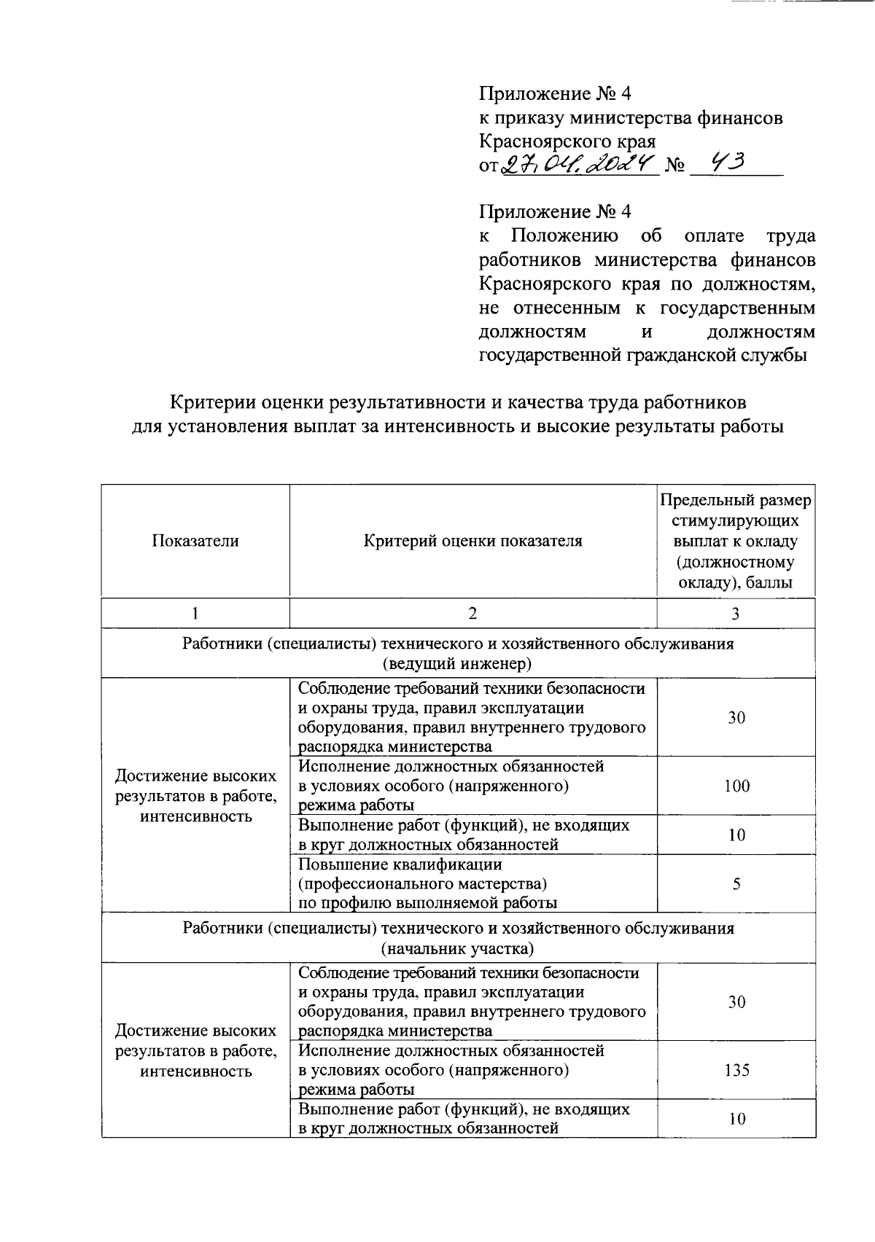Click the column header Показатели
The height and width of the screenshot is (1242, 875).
[x=195, y=541]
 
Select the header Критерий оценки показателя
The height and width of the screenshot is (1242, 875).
[x=473, y=541]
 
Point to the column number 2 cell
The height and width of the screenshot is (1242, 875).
[x=473, y=614]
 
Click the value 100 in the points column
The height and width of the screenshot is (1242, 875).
[x=736, y=786]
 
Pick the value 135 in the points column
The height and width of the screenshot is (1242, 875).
[x=736, y=1070]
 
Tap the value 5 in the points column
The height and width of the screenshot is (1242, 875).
[x=736, y=883]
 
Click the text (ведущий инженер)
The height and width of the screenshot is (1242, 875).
[x=458, y=664]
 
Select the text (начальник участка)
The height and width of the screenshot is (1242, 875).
[x=458, y=948]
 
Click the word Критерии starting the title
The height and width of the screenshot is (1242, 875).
[x=212, y=402]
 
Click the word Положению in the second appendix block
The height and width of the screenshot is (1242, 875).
[x=564, y=236]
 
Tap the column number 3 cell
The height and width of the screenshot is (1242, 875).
[x=736, y=614]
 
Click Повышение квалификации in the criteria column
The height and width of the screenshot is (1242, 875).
[x=400, y=864]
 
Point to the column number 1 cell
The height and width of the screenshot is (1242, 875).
[x=195, y=614]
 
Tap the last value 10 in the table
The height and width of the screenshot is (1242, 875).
[x=736, y=1119]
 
